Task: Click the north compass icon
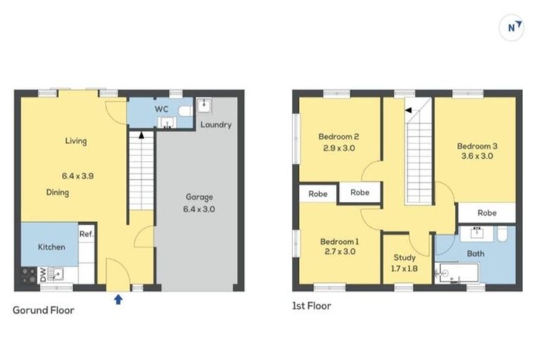tap(514, 27)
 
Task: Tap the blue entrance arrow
tap(118, 300)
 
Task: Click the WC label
tap(161, 110)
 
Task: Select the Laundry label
tap(216, 125)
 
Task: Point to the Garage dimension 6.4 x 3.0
tap(199, 210)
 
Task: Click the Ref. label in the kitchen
tap(86, 234)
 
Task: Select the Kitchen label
tap(51, 247)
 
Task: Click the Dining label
tap(58, 192)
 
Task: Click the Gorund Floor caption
tap(44, 310)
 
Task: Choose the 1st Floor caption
tap(311, 306)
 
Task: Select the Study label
tap(405, 258)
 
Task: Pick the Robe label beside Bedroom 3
tap(487, 212)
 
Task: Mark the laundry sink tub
tap(205, 105)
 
